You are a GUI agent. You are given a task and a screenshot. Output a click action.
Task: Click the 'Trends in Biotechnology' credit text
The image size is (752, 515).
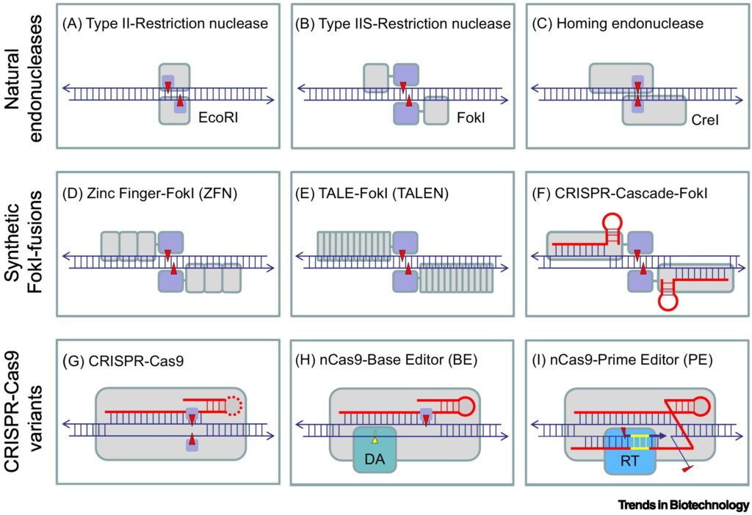[683, 505]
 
